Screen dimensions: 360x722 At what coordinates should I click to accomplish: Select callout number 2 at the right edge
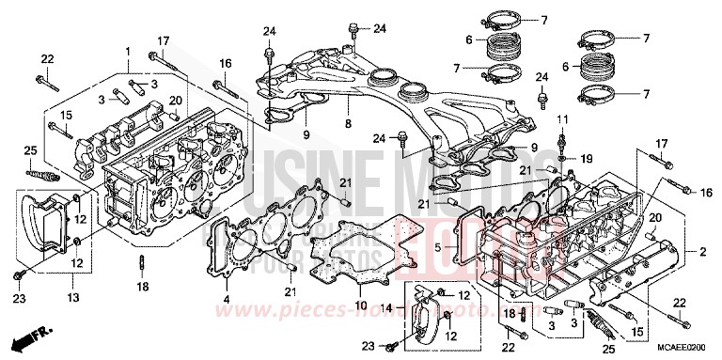click(x=701, y=252)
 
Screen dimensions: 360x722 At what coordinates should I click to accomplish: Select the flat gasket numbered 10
click(x=367, y=257)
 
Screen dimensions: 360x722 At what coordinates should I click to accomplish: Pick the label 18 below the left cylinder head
click(x=143, y=286)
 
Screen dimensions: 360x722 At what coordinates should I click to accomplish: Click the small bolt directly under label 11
click(x=562, y=140)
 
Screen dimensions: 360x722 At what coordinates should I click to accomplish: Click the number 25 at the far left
click(x=30, y=151)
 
